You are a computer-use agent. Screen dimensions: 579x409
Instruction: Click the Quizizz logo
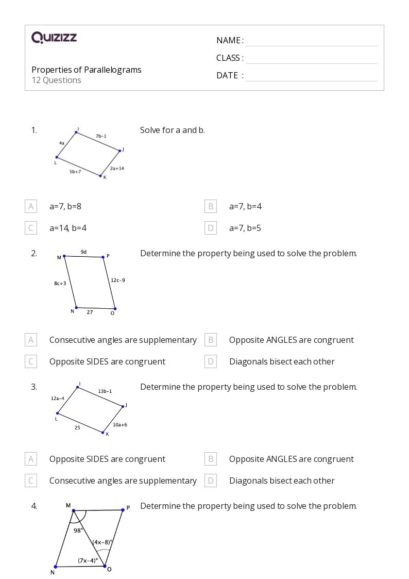(54, 38)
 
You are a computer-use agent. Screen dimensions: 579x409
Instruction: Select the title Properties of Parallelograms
(87, 70)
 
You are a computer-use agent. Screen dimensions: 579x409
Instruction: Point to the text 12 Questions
(56, 80)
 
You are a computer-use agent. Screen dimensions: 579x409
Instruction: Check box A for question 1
(31, 206)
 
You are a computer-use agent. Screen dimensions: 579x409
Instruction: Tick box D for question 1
(210, 228)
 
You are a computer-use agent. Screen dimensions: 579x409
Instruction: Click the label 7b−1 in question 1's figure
(100, 136)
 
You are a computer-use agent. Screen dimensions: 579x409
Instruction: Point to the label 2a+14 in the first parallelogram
(117, 168)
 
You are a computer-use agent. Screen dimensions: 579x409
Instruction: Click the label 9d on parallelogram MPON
(83, 252)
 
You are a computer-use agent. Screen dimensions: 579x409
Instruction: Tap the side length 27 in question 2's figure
(90, 312)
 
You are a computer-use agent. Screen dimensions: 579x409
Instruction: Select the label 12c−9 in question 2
(118, 280)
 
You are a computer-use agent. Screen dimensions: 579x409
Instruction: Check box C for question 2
(31, 361)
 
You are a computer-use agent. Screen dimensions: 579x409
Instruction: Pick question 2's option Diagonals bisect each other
(282, 361)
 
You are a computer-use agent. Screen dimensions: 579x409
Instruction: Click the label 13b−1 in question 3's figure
(105, 391)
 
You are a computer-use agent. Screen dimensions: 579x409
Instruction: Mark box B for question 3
(210, 459)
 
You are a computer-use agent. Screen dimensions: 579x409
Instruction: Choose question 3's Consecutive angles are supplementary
(123, 481)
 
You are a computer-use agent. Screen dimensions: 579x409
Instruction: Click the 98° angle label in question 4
(78, 530)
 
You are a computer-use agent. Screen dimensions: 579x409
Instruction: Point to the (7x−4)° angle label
(88, 560)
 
